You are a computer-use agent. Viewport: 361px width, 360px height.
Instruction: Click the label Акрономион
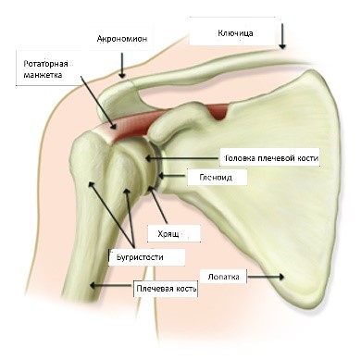coord(122,39)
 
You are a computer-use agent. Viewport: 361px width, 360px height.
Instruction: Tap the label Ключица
coord(235,33)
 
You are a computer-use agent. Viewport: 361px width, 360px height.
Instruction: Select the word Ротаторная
coord(45,64)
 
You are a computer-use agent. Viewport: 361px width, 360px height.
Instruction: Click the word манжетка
coord(43,75)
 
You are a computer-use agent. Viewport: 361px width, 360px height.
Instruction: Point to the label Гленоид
coord(216,178)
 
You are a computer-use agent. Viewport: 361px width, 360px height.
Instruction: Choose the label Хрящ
coord(168,234)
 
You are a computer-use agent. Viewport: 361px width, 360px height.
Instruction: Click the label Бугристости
coord(140,256)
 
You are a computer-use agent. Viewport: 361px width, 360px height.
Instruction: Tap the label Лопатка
coord(223,277)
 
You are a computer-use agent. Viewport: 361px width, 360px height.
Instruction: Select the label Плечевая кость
coord(167,289)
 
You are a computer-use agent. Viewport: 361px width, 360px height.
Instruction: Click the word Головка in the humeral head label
coord(240,158)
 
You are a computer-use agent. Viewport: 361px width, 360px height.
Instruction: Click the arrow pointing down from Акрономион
coord(122,65)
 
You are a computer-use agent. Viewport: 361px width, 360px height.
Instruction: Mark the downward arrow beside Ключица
coord(282,36)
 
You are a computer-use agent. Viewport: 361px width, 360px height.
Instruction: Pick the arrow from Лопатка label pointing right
coord(266,277)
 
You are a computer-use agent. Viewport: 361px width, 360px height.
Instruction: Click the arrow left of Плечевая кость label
coord(111,286)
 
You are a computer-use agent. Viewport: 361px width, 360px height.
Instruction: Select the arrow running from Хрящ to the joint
coord(157,205)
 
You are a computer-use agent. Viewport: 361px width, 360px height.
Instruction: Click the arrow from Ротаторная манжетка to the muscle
coord(99,102)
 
